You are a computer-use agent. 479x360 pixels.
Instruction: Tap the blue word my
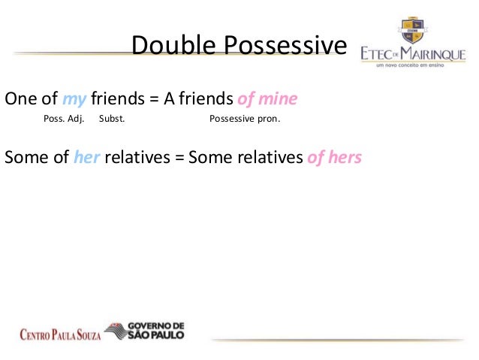(x=74, y=98)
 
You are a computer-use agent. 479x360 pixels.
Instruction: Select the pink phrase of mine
(x=267, y=98)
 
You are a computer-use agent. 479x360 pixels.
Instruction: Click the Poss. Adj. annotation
(x=64, y=118)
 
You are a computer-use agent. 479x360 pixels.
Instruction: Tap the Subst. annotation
(x=112, y=118)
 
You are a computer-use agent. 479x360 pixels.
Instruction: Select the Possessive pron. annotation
(x=244, y=118)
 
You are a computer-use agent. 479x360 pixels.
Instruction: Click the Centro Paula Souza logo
(x=60, y=334)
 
